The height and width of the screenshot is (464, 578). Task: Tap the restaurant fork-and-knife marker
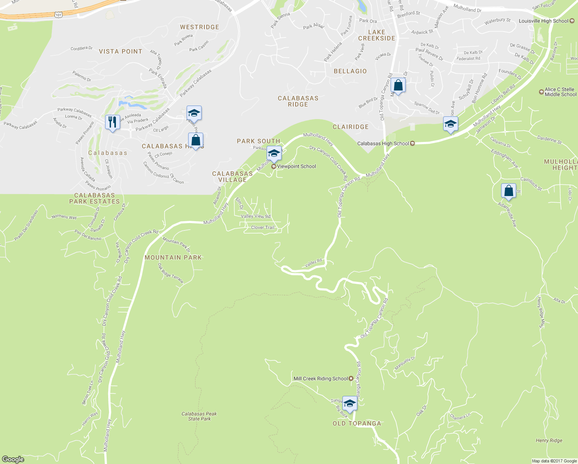point(112,122)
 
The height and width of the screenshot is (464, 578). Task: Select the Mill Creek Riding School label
point(321,379)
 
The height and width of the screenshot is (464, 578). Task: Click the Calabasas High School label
point(383,143)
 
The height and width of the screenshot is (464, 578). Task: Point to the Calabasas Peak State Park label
point(199,416)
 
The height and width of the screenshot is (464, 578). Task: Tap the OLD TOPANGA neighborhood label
point(357,423)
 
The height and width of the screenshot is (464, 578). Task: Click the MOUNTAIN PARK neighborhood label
point(173,258)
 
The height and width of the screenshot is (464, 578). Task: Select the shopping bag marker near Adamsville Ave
point(508,191)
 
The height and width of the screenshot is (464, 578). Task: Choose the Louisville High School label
point(544,21)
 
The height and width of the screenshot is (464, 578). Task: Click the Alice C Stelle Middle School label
point(560,92)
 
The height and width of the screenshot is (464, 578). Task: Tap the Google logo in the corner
point(13,459)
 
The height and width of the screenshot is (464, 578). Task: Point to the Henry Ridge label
point(549,440)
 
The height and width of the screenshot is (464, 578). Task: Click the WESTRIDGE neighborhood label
point(199,27)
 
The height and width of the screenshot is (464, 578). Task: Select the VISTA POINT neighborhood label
point(121,51)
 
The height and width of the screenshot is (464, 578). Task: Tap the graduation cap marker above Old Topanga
point(350,403)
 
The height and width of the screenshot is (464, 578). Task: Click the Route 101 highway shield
point(58,15)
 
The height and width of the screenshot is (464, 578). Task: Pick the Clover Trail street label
point(263,227)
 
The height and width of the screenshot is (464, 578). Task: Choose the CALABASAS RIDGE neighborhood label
point(298,101)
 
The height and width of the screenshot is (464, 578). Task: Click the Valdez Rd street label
point(313,263)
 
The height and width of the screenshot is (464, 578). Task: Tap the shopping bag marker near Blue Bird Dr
point(398,85)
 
